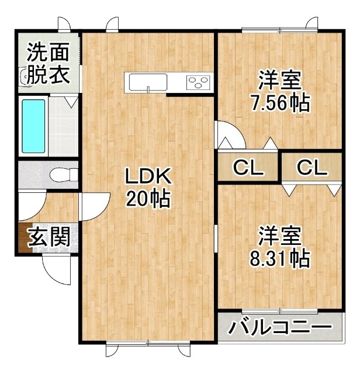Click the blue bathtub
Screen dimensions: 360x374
(33, 126)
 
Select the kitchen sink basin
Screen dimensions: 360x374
(148, 82)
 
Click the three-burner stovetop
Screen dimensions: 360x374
(199, 82)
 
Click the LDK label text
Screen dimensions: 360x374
(148, 176)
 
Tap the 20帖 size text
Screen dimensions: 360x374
(148, 198)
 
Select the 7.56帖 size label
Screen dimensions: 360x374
(280, 103)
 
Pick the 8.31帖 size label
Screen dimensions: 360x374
(280, 258)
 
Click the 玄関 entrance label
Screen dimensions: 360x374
(49, 237)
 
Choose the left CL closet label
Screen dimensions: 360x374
(248, 168)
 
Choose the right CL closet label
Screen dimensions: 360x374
(312, 168)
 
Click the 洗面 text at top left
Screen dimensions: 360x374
(48, 52)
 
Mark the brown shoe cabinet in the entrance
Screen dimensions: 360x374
(25, 238)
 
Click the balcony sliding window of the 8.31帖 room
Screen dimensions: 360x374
(279, 311)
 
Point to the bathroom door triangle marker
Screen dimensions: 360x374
(71, 102)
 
